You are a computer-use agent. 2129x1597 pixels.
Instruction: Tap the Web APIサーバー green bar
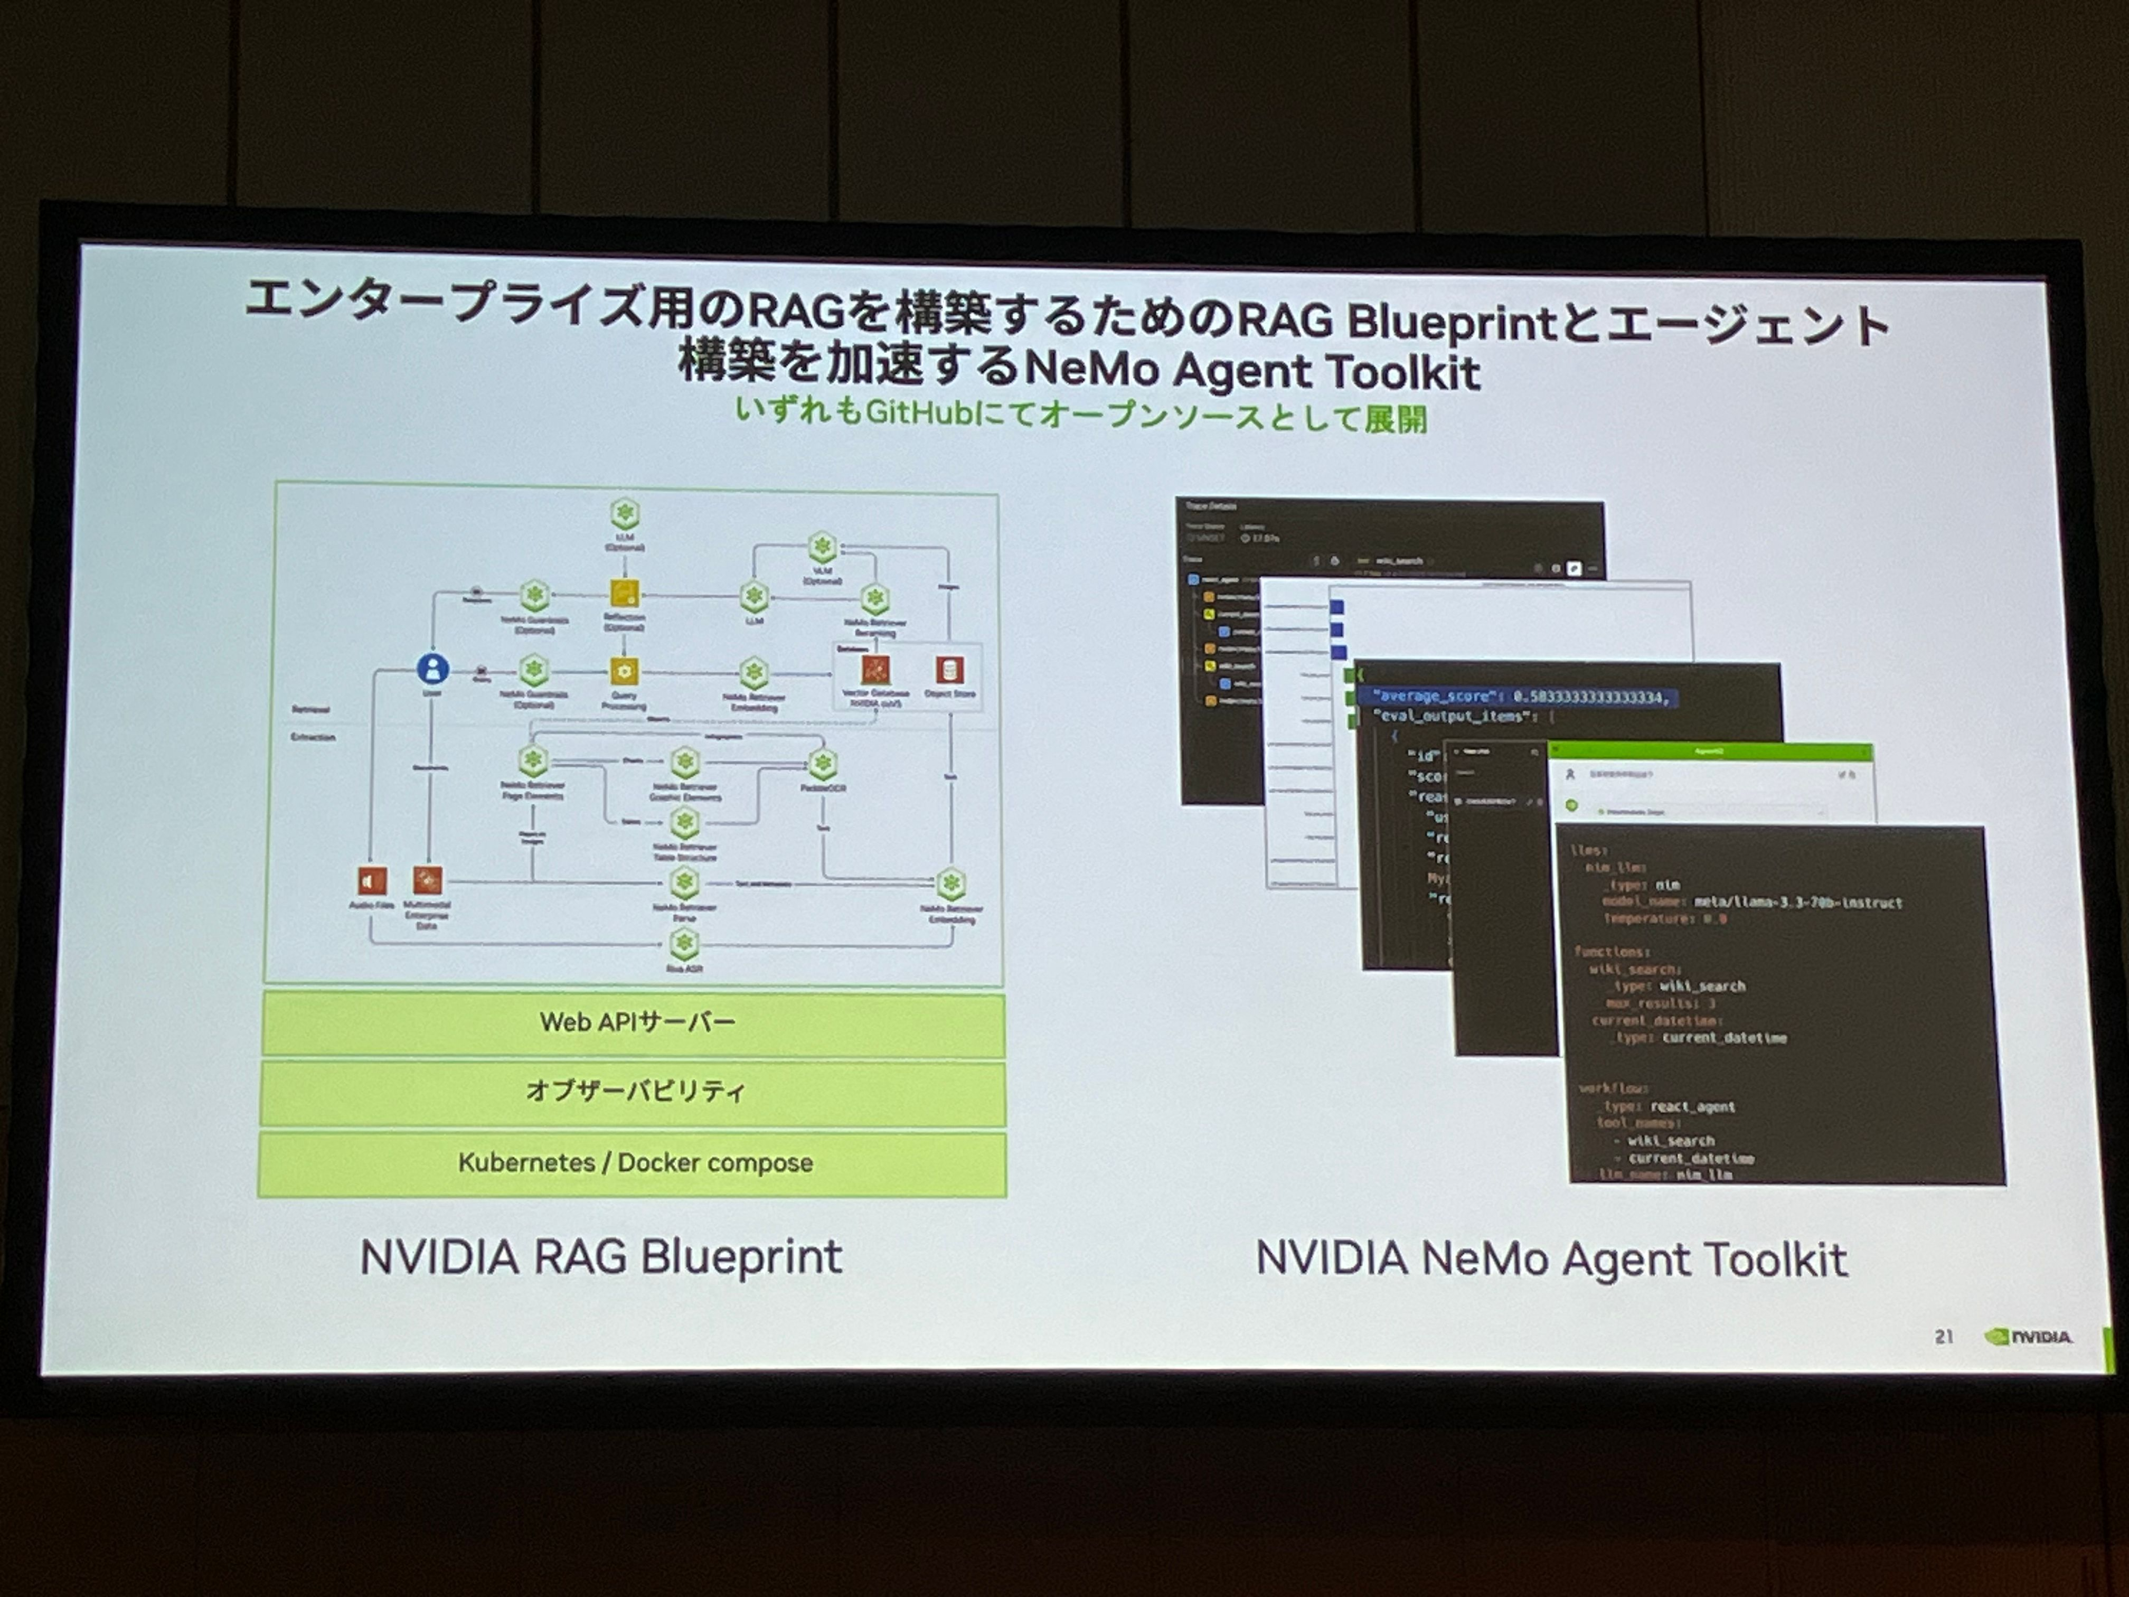(x=635, y=1022)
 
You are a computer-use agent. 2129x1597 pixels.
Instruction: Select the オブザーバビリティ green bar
(x=635, y=1092)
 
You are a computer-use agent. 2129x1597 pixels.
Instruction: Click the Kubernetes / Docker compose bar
(x=635, y=1163)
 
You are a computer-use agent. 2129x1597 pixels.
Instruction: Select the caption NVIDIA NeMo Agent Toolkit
(x=1551, y=1259)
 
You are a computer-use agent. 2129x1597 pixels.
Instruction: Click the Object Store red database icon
(x=950, y=670)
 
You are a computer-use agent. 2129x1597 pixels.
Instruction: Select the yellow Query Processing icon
(x=625, y=671)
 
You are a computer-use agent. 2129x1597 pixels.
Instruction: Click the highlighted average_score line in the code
(x=1521, y=697)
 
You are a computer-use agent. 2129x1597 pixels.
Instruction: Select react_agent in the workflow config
(x=1692, y=1107)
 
